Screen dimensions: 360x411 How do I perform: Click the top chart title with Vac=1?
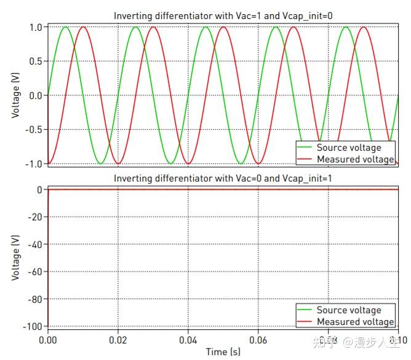tap(223, 15)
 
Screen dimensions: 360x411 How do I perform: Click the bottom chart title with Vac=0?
tap(223, 178)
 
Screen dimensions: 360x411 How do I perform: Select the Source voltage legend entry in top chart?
tap(348, 148)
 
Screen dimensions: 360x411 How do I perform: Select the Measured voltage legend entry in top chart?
tap(355, 159)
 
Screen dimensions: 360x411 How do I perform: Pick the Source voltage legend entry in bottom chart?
tap(348, 310)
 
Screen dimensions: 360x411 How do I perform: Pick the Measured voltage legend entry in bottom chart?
tap(355, 322)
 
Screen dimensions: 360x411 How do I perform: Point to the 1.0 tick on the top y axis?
tap(34, 27)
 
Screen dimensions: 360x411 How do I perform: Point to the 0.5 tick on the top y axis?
tap(34, 62)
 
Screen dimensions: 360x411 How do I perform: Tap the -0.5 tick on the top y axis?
tap(32, 130)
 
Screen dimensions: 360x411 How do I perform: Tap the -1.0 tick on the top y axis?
tap(32, 164)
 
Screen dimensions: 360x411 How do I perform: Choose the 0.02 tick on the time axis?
tap(118, 339)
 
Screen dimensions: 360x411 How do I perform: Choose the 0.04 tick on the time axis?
tap(188, 339)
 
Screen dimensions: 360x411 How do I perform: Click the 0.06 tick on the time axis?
tap(258, 339)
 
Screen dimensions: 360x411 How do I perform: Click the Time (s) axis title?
tap(223, 352)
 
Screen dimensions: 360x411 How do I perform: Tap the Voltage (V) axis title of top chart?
tap(15, 95)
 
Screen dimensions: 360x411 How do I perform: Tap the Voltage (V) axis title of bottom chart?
tap(15, 258)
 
